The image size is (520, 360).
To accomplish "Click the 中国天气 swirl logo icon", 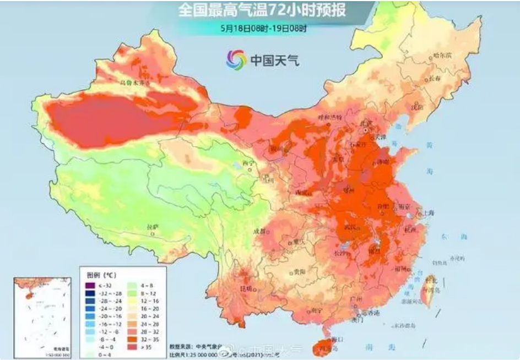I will [236, 59].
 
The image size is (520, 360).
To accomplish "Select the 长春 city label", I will [434, 79].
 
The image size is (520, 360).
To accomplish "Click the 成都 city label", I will [259, 231].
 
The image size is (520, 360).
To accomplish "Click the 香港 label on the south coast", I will [373, 313].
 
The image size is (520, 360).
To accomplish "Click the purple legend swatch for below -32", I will [89, 286].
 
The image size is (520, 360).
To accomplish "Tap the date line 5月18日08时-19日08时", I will [263, 27].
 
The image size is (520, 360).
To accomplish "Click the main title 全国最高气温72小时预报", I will [262, 10].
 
